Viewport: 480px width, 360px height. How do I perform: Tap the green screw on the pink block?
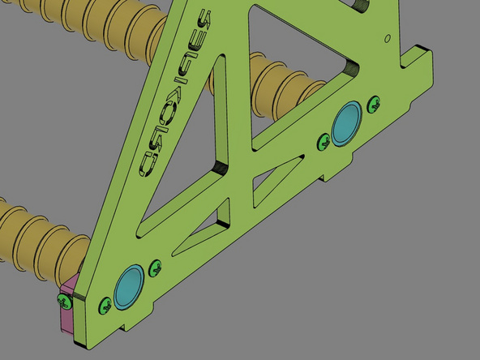click(63, 301)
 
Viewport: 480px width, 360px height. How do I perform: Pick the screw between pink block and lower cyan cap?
click(104, 305)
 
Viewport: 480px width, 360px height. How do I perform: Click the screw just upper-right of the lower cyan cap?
click(156, 265)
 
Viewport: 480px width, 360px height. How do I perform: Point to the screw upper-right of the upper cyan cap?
click(374, 103)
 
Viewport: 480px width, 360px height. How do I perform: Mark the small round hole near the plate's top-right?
click(388, 37)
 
